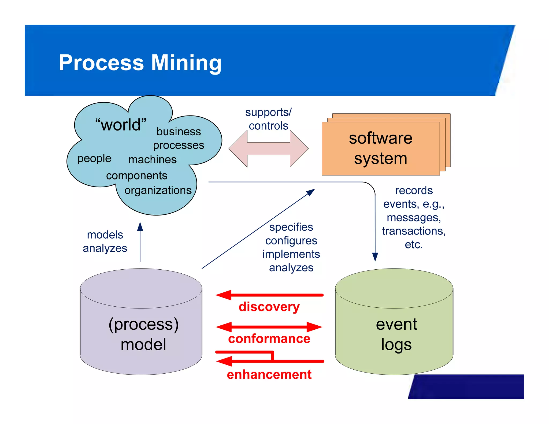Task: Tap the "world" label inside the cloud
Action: point(121,125)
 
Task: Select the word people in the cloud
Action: point(94,158)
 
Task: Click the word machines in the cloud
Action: point(152,160)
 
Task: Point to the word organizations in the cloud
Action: point(158,190)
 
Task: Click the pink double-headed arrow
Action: point(268,149)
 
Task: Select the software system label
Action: point(380,148)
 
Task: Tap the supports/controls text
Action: point(268,119)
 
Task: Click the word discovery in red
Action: point(269,307)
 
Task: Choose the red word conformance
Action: point(269,339)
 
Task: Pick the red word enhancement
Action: point(269,374)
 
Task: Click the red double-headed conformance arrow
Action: point(269,327)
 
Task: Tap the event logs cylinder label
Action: point(396,334)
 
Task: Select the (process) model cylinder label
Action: point(143,334)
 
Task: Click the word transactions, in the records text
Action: point(414,231)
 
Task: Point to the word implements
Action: point(291,254)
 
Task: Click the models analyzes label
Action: point(105,241)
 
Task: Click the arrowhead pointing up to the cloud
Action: point(140,226)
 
